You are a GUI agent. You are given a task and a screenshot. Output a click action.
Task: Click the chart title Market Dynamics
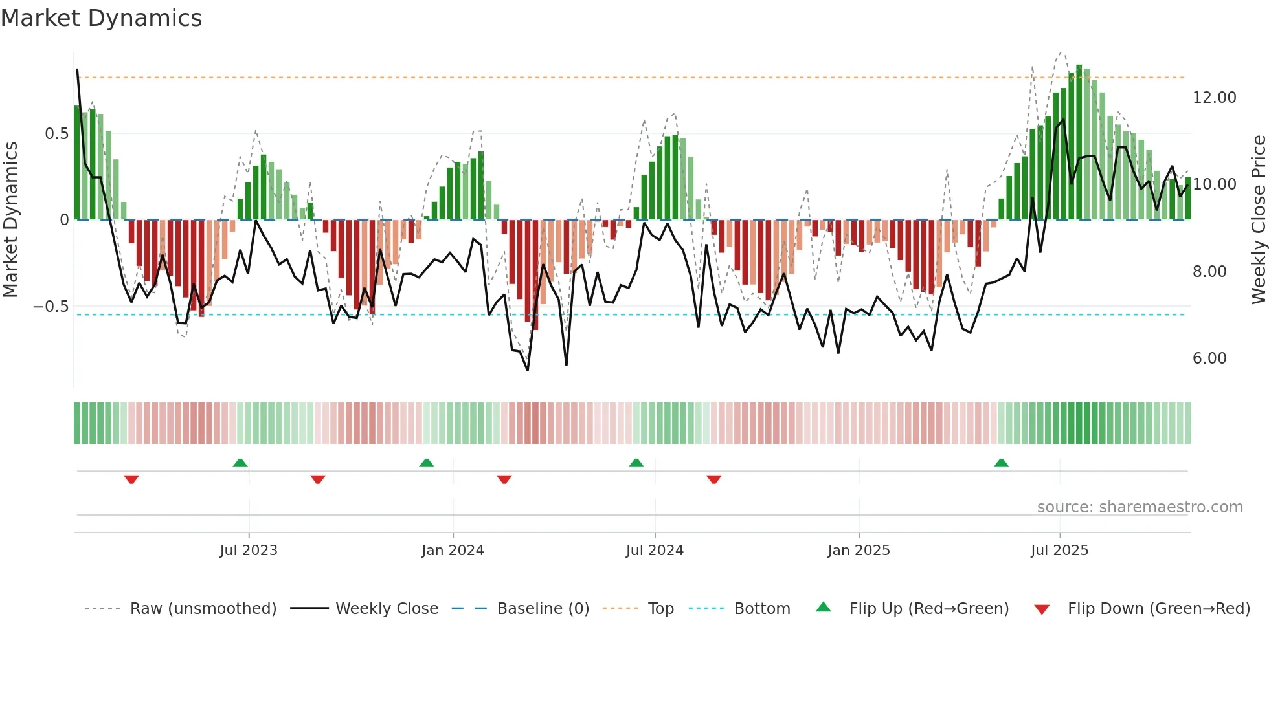tap(102, 18)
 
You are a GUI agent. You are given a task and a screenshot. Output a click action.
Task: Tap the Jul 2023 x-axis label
tap(249, 551)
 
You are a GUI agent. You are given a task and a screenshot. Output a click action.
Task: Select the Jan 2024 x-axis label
tap(453, 551)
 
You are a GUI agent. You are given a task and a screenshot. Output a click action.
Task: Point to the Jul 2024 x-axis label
tap(655, 551)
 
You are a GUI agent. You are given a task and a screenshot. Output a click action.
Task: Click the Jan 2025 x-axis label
tap(859, 551)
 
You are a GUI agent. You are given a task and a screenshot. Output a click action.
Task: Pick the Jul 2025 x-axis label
tap(1059, 551)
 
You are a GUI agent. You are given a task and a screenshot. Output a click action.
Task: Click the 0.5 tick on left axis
tap(56, 134)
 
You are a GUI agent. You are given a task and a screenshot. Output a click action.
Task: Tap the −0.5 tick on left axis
tap(51, 307)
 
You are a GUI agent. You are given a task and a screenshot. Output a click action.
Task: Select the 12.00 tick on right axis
tap(1214, 98)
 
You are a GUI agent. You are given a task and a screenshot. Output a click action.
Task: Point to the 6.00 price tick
tap(1209, 358)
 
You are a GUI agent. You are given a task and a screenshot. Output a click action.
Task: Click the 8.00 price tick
tap(1209, 272)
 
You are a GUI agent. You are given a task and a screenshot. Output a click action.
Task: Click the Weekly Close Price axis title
tap(1258, 220)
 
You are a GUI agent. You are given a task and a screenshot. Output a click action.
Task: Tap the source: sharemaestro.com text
tap(1140, 507)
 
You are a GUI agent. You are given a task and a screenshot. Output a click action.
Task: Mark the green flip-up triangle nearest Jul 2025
tap(1001, 463)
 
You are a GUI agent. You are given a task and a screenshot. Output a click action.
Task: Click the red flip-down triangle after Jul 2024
tap(713, 479)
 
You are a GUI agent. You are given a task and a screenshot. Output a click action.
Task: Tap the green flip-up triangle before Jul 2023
tap(240, 463)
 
